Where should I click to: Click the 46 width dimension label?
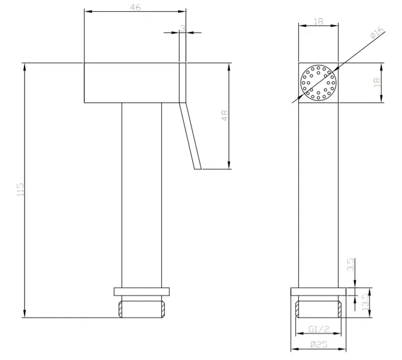tap(135, 7)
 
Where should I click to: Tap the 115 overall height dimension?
tap(20, 190)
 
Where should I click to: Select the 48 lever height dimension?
tap(224, 115)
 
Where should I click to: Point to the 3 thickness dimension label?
tap(183, 28)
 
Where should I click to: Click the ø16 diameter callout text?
tap(377, 32)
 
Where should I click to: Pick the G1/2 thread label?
tap(319, 329)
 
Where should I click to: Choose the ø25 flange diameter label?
tap(319, 344)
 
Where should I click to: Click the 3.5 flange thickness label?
tap(351, 264)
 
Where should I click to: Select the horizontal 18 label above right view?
tap(318, 21)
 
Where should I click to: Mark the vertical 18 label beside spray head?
tap(377, 82)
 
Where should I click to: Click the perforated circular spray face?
tap(318, 82)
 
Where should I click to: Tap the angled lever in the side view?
tap(190, 136)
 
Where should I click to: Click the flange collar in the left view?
tap(141, 291)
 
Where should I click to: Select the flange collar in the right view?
tap(318, 291)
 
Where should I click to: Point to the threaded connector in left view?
tap(141, 309)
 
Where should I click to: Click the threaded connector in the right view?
tap(318, 309)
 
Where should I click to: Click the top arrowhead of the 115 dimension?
tap(25, 67)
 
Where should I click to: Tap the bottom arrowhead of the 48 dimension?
tap(229, 165)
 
